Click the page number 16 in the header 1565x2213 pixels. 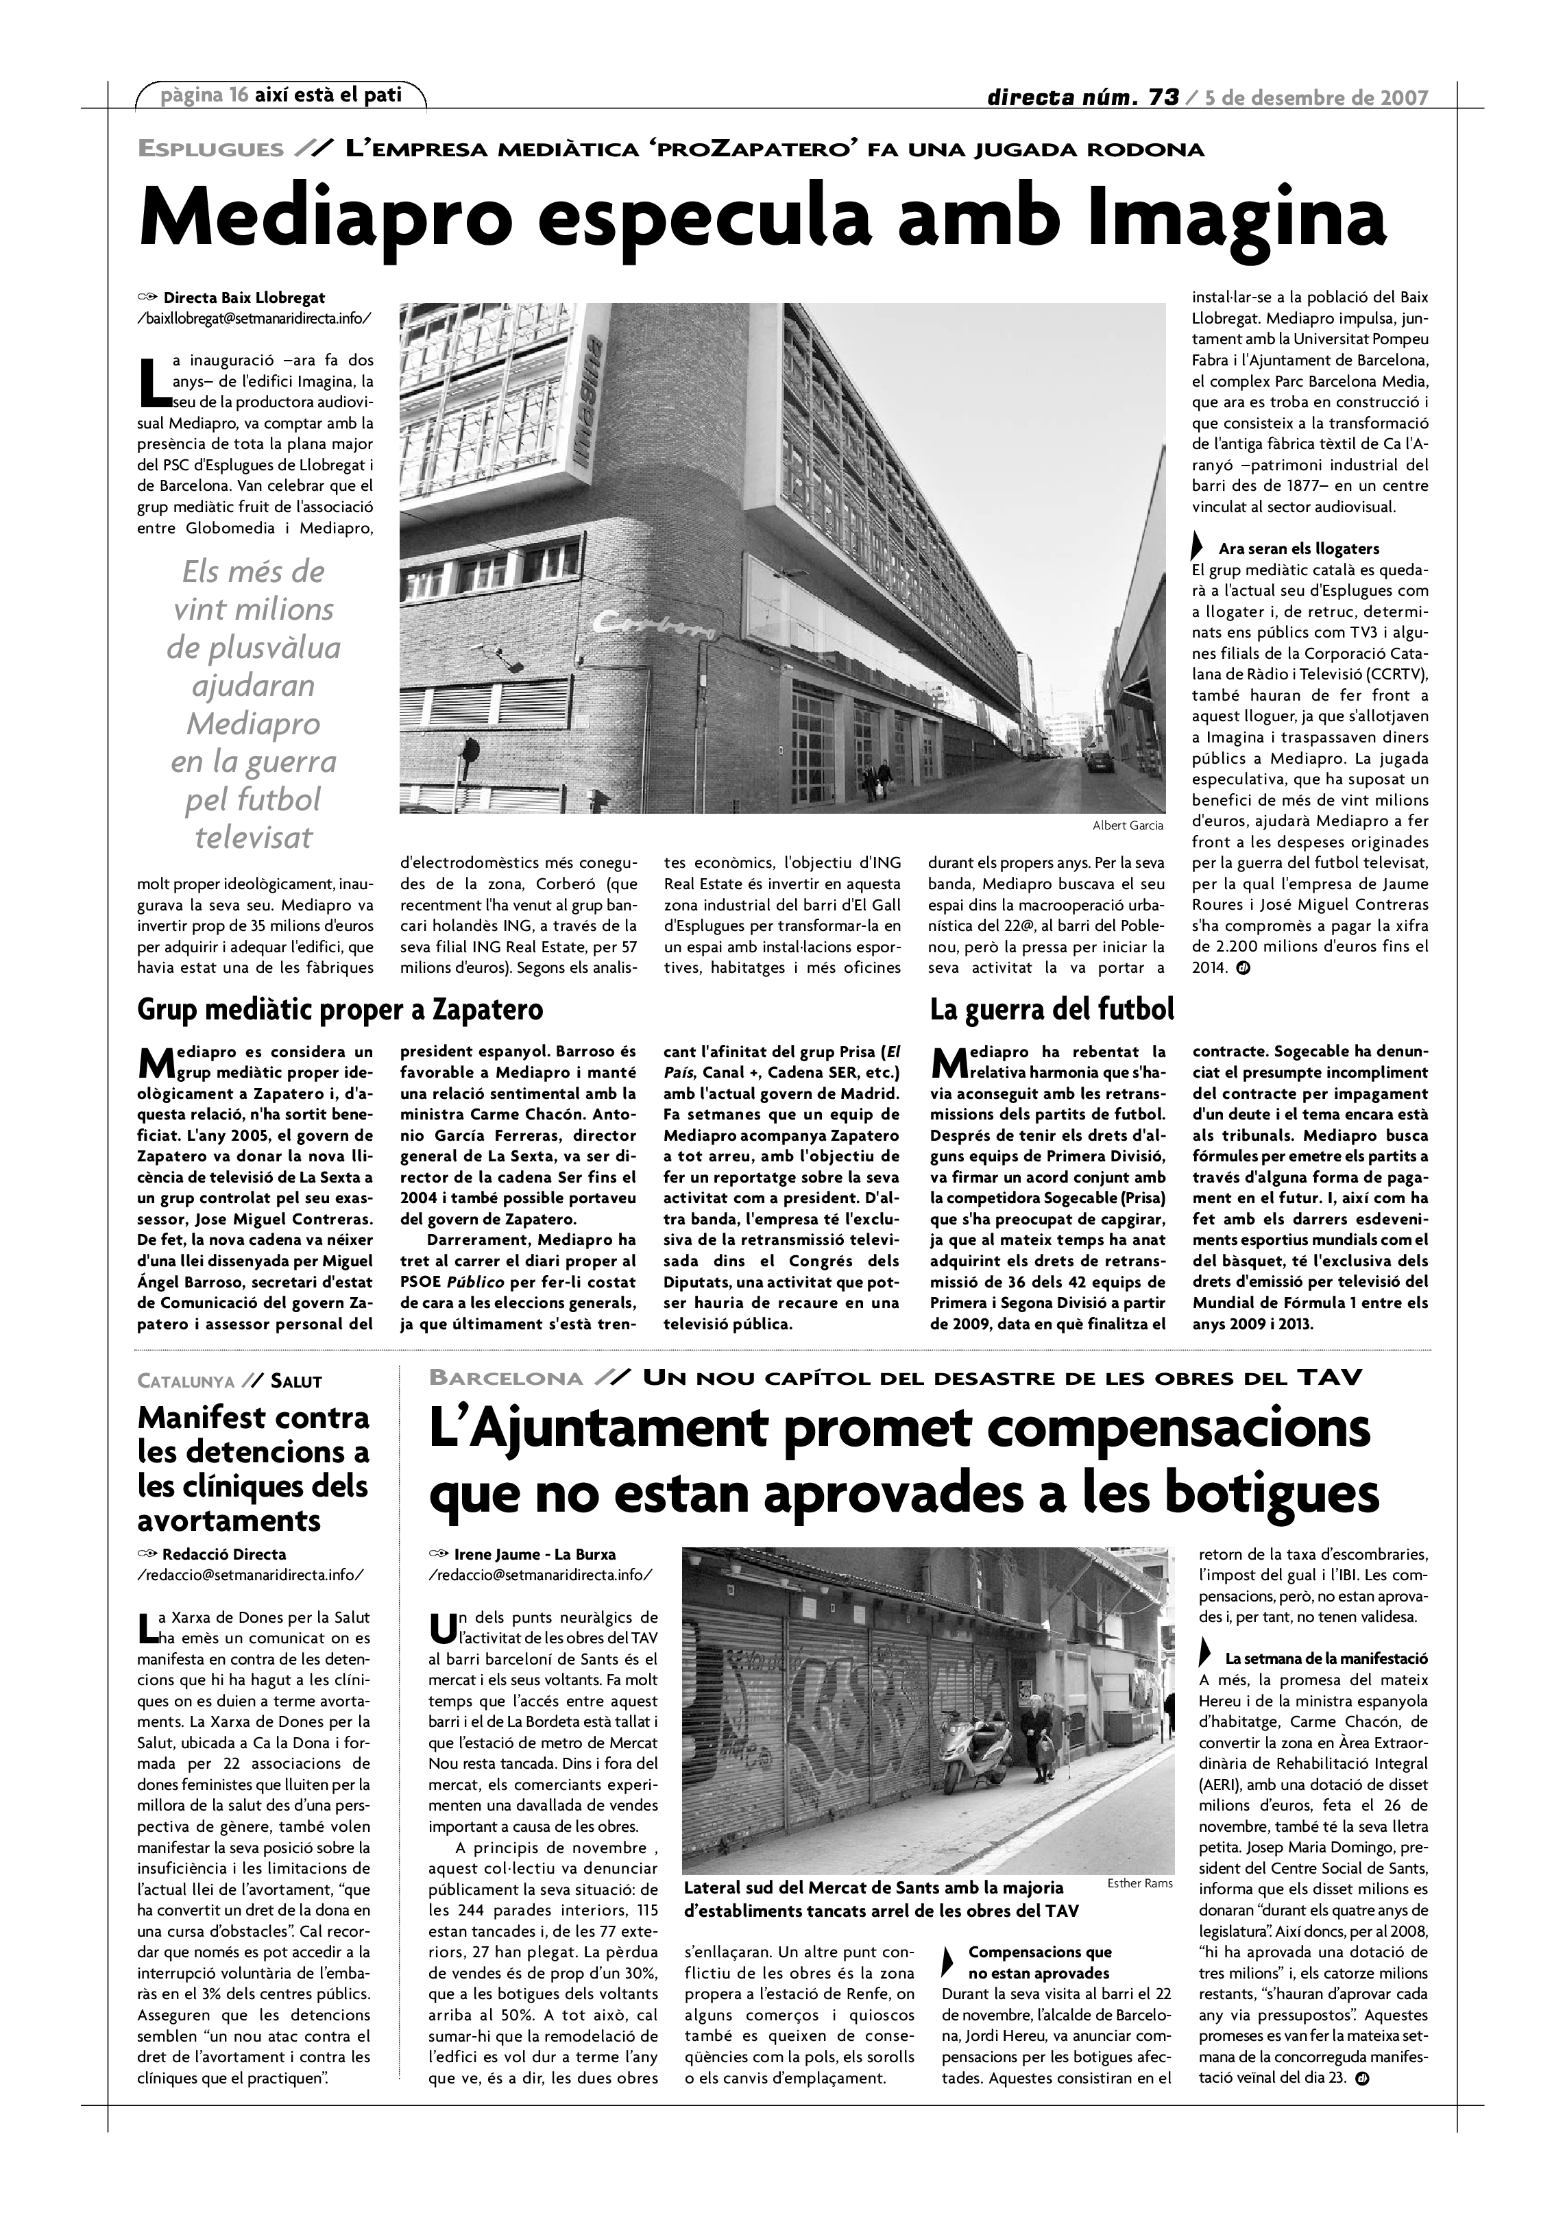(239, 95)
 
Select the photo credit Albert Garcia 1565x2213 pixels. (1128, 825)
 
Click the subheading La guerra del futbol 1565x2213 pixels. (1052, 1009)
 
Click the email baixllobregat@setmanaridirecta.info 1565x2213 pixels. (254, 318)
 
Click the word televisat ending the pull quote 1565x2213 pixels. (254, 836)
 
